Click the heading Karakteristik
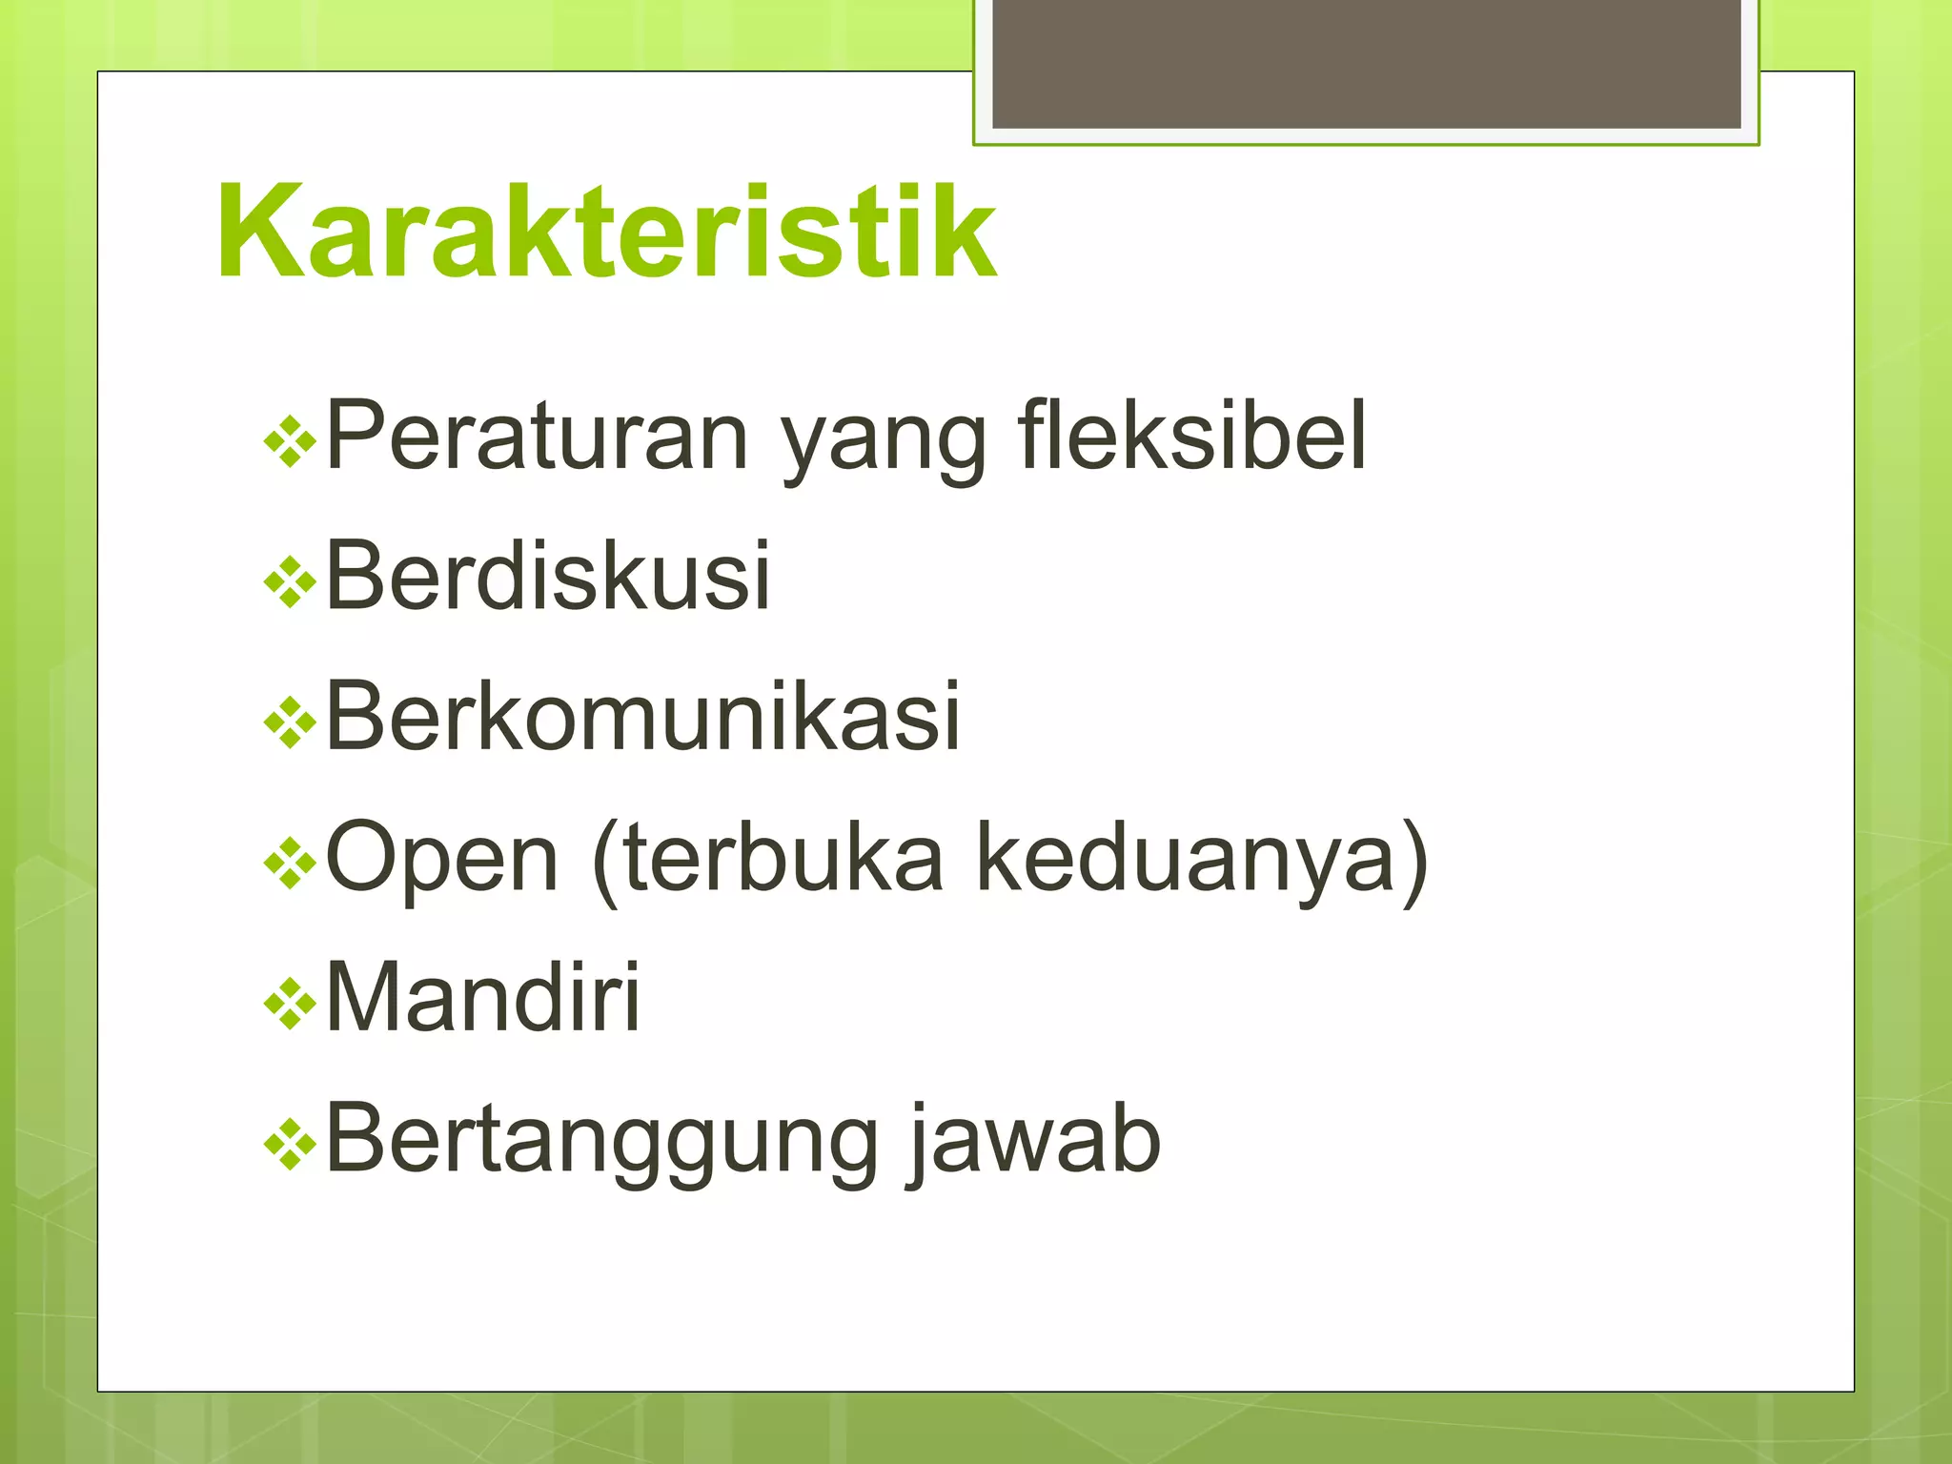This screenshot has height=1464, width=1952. [x=606, y=232]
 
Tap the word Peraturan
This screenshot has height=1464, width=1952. [x=537, y=437]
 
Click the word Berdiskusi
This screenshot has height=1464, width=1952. [x=547, y=576]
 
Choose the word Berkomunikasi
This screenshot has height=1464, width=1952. [x=642, y=717]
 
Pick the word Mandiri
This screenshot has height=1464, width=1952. [x=482, y=997]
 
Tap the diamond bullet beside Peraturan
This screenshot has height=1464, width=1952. [x=290, y=442]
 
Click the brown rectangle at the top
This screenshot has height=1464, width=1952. [x=1366, y=64]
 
